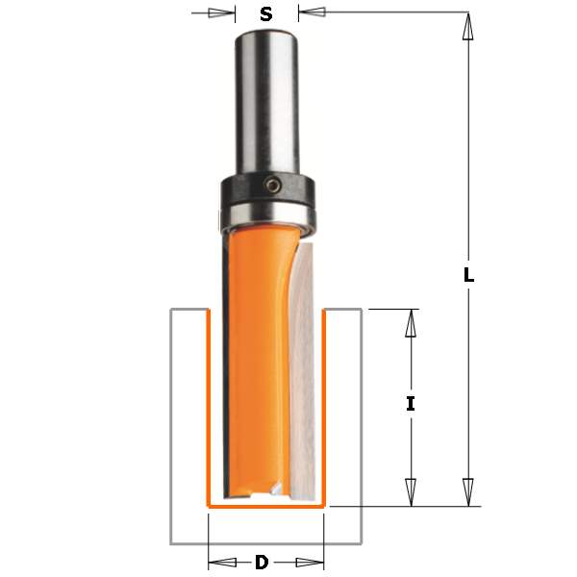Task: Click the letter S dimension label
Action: (x=266, y=14)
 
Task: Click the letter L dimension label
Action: (x=468, y=274)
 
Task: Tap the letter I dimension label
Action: (x=411, y=404)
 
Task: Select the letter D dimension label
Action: (x=262, y=563)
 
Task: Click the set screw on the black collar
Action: (x=273, y=185)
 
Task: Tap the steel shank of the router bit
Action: (x=266, y=103)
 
